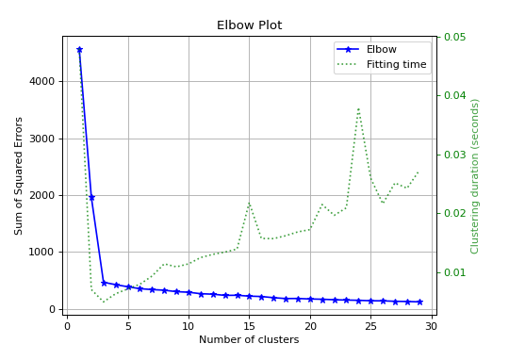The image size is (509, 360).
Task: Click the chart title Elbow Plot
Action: [249, 25]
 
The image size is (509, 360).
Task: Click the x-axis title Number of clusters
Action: [249, 340]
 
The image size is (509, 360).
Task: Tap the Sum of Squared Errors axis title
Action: [19, 176]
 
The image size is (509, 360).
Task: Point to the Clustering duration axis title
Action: [475, 176]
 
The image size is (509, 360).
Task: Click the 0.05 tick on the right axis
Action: [453, 37]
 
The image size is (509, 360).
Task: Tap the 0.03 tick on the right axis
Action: [453, 155]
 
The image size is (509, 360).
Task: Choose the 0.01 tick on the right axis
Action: [453, 272]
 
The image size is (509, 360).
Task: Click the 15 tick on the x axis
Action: [249, 326]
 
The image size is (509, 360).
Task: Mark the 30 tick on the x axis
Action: [431, 326]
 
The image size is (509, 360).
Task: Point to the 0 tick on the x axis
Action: [67, 326]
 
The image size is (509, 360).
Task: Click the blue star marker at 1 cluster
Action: [79, 50]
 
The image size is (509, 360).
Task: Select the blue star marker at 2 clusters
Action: [91, 197]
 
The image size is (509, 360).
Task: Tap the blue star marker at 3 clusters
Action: [104, 282]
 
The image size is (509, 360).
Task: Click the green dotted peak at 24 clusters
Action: [358, 108]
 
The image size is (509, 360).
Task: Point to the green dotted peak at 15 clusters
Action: [249, 203]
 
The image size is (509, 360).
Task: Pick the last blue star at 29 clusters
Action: [419, 302]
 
